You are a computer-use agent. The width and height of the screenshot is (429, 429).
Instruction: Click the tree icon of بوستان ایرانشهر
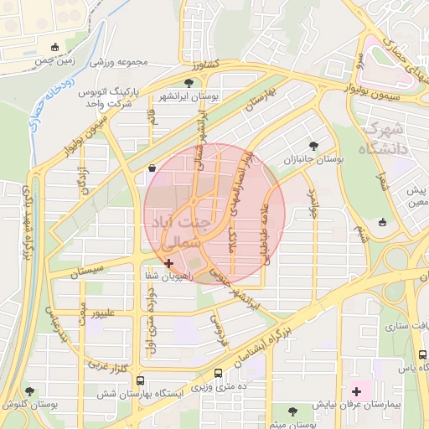pos(189,83)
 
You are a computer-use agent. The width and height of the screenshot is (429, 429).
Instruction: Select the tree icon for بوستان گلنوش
pos(31,391)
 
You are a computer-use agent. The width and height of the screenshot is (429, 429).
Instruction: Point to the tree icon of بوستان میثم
pos(292,411)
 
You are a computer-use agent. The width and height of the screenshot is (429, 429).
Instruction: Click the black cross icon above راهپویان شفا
pos(170,263)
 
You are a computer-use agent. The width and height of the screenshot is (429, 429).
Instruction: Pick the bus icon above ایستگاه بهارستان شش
pos(219,374)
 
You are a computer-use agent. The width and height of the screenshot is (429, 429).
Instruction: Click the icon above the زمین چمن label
pos(55,47)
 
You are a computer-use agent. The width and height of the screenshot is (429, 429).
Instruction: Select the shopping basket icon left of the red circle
pos(150,168)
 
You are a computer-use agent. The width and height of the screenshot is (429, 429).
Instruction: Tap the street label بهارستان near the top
pos(256,100)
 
